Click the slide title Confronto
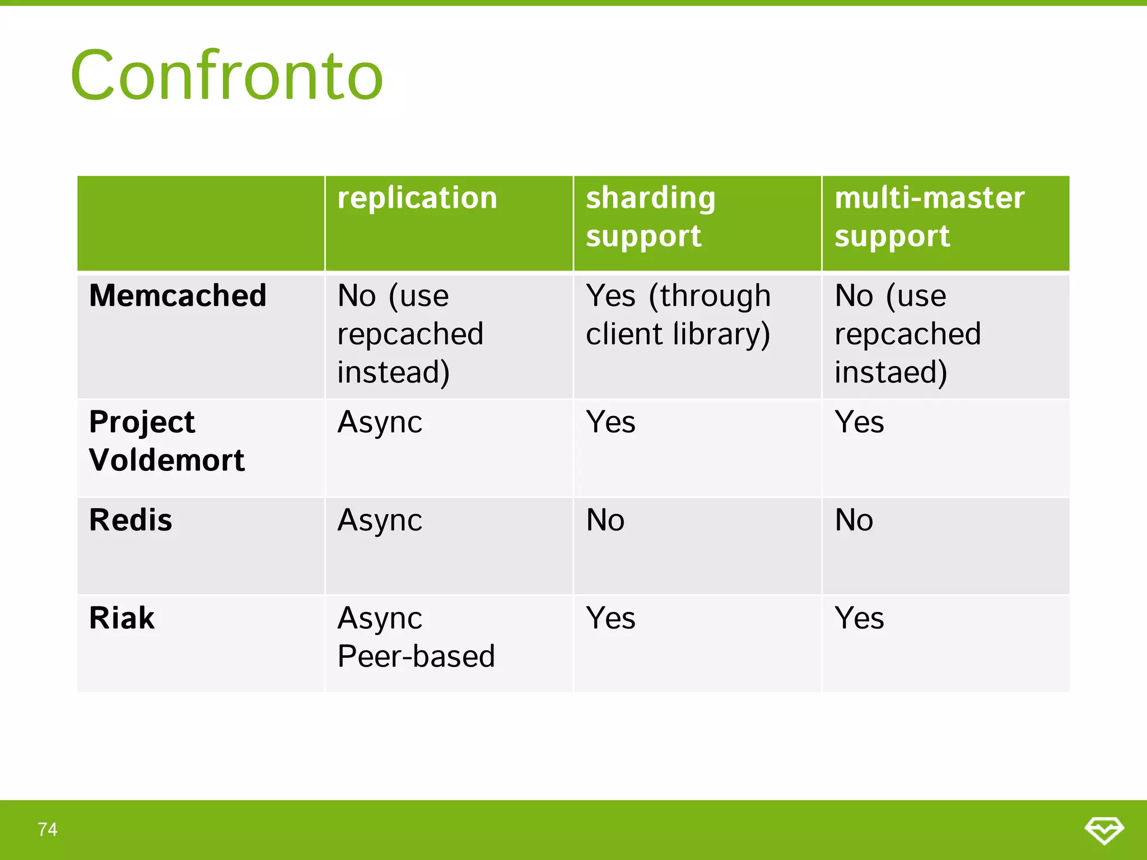pyautogui.click(x=227, y=76)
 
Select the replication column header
pyautogui.click(x=417, y=198)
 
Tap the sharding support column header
pyautogui.click(x=650, y=217)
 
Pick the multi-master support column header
pyautogui.click(x=929, y=217)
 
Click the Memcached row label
pyautogui.click(x=178, y=296)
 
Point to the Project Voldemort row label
pyautogui.click(x=166, y=441)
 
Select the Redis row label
pyautogui.click(x=130, y=520)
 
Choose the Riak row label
pyautogui.click(x=122, y=618)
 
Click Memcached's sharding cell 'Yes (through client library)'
pyautogui.click(x=678, y=315)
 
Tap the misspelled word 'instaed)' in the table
pyautogui.click(x=890, y=372)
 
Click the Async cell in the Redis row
pyautogui.click(x=380, y=520)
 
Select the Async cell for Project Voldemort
pyautogui.click(x=380, y=422)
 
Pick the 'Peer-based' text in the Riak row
pyautogui.click(x=416, y=656)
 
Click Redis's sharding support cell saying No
pyautogui.click(x=605, y=520)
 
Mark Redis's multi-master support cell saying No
pyautogui.click(x=854, y=520)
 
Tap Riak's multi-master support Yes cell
pyautogui.click(x=859, y=618)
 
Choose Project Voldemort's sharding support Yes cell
pyautogui.click(x=610, y=422)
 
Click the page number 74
pyautogui.click(x=48, y=829)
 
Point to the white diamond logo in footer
pyautogui.click(x=1104, y=830)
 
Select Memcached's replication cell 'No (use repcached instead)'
pyautogui.click(x=410, y=334)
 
